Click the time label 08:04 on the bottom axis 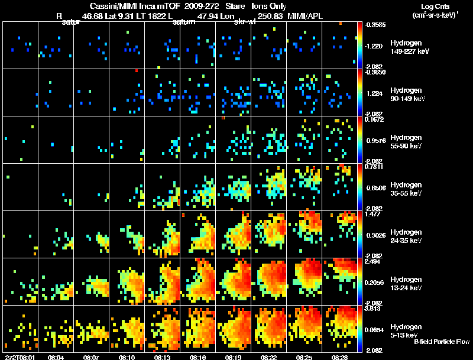[56, 357]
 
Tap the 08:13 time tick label [163, 357]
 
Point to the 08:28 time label [340, 357]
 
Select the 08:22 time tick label [269, 357]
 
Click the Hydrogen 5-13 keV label [406, 330]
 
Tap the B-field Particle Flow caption [442, 342]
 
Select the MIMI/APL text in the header [304, 17]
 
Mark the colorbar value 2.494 [372, 261]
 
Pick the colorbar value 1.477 [372, 215]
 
